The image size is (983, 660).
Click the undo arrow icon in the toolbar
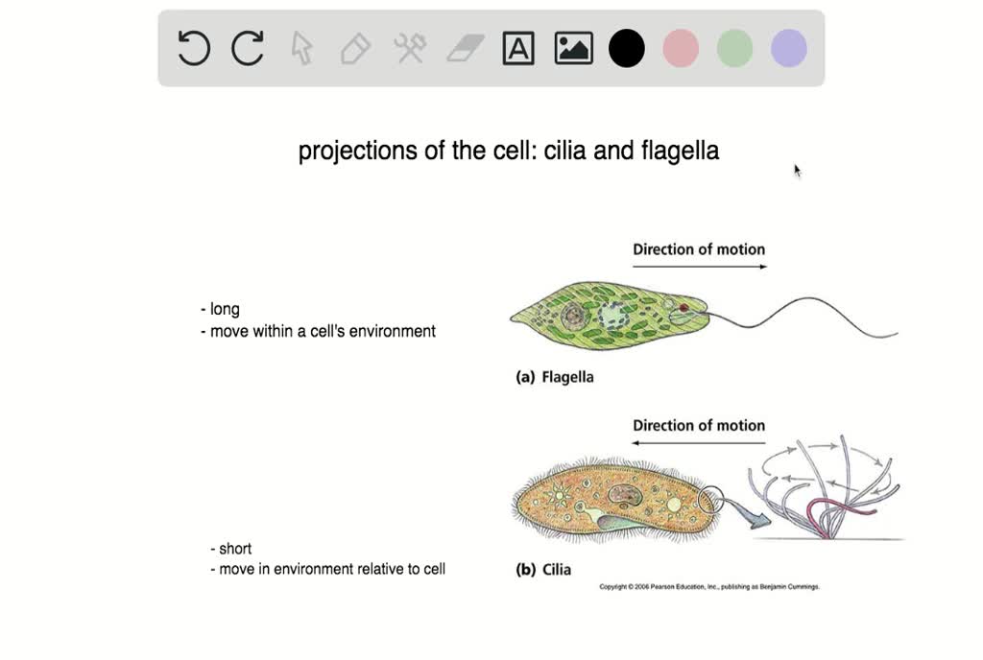[x=194, y=48]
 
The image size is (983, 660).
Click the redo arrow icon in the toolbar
[x=248, y=48]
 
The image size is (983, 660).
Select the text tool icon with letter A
[x=518, y=48]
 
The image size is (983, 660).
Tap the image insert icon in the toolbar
[x=573, y=48]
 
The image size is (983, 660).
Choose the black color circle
[x=627, y=48]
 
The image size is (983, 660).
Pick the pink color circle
[x=681, y=48]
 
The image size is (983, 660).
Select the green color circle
[x=734, y=48]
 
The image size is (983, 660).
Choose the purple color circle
[x=788, y=48]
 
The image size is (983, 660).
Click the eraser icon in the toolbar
[x=466, y=48]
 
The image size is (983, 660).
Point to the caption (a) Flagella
[x=555, y=377]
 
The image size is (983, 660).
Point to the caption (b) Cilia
[x=543, y=569]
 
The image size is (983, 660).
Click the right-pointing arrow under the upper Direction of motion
[x=699, y=267]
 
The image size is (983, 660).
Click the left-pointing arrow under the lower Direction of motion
[x=699, y=443]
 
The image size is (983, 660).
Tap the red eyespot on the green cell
[x=683, y=308]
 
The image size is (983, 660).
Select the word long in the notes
[x=225, y=309]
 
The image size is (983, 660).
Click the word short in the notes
[x=235, y=549]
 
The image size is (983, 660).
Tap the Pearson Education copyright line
[x=709, y=586]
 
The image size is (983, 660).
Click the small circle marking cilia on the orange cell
[x=712, y=499]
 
